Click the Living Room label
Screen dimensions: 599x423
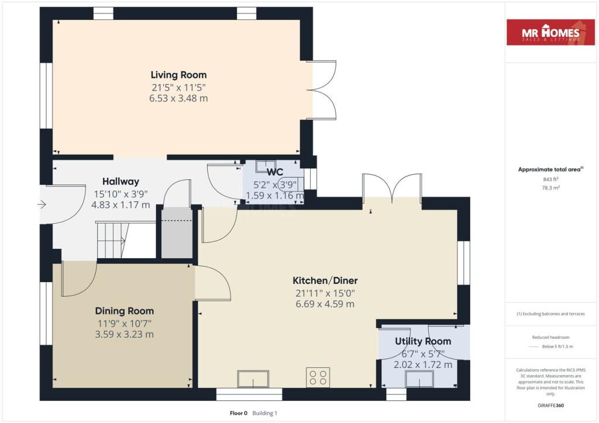coord(178,75)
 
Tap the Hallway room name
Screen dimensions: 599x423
coord(121,182)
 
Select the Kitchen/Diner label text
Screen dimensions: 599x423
coord(325,280)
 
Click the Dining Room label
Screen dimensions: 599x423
coord(125,311)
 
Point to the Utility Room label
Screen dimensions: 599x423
coord(423,341)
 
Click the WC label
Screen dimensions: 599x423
coord(275,172)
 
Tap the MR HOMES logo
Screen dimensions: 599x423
coord(550,32)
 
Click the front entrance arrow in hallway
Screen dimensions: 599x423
coord(42,205)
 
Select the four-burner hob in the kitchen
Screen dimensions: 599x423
coord(318,377)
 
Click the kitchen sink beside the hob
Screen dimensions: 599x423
coord(253,379)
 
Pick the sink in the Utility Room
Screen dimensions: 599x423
coord(419,379)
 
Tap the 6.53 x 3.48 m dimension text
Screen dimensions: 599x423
coord(178,98)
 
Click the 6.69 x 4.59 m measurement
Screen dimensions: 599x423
coord(325,304)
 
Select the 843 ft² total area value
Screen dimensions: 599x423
coord(550,179)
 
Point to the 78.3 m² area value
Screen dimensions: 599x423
coord(550,188)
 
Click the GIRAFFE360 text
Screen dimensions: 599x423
coord(550,405)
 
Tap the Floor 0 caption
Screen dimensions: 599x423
coord(239,413)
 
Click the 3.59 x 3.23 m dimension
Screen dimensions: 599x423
coord(125,335)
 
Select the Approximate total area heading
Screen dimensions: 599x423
coord(550,169)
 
